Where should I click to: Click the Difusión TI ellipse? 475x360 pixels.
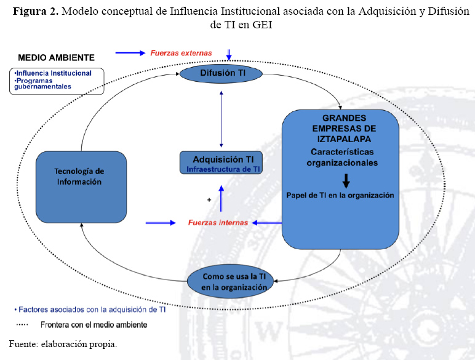[x=221, y=74]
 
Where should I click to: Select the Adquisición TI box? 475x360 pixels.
[x=221, y=162]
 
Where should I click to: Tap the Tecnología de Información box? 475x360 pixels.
[x=81, y=187]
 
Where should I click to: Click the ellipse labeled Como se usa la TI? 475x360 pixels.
[x=230, y=281]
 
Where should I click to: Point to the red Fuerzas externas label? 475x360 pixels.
[x=181, y=53]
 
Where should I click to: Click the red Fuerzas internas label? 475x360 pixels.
[x=218, y=223]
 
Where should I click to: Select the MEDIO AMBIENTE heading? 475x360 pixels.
[x=57, y=58]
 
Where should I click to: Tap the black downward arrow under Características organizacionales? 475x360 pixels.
[x=346, y=181]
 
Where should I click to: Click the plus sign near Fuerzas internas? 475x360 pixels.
[x=209, y=200]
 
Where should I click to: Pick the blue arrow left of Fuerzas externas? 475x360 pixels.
[x=130, y=53]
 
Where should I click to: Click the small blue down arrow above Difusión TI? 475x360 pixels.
[x=229, y=55]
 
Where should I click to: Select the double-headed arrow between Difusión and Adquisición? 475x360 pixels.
[x=222, y=119]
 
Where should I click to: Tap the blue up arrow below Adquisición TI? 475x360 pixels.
[x=222, y=199]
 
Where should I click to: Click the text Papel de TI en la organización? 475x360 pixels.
[x=340, y=196]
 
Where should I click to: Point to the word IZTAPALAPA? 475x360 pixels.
[x=344, y=139]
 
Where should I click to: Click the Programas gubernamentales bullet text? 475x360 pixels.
[x=42, y=84]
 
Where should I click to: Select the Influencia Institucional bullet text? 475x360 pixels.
[x=53, y=73]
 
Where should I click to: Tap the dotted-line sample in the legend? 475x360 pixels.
[x=22, y=324]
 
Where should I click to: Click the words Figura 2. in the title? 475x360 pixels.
[x=36, y=12]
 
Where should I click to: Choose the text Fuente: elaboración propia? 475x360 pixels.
[x=63, y=344]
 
